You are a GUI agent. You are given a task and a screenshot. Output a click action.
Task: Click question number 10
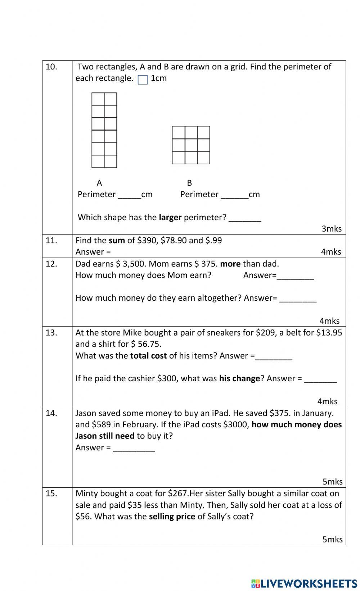click(x=51, y=67)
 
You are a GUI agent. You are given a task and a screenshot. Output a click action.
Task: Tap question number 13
click(x=51, y=333)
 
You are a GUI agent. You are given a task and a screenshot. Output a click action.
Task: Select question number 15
click(x=51, y=494)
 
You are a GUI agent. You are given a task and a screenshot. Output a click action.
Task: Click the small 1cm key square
click(x=143, y=79)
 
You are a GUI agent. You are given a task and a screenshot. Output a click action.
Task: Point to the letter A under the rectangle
click(x=99, y=183)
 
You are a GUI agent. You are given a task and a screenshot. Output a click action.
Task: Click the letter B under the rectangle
click(x=189, y=183)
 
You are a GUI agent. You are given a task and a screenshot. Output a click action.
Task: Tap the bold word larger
click(x=170, y=217)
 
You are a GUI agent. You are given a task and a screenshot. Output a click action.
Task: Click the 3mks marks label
click(x=331, y=229)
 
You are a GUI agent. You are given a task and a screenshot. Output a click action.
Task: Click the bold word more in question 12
click(x=230, y=264)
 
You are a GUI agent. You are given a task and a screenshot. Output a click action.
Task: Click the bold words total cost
click(x=148, y=356)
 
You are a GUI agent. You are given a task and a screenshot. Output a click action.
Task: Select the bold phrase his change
click(x=239, y=378)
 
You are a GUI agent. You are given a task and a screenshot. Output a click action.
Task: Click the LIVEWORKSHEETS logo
click(x=304, y=583)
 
